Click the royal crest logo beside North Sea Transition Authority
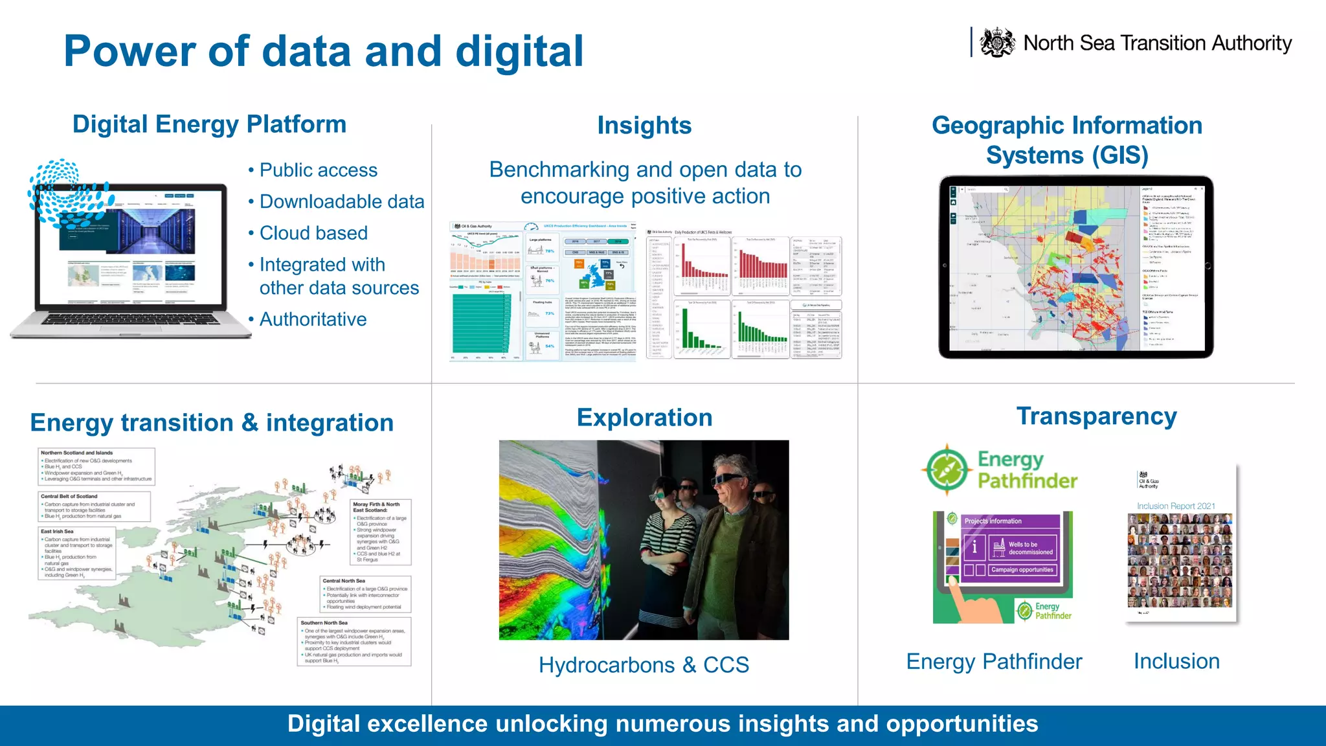997,43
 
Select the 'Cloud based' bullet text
313,233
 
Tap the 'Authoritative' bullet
313,319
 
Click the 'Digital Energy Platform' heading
209,124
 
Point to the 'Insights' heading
644,126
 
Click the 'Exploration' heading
644,418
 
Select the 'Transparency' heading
1096,416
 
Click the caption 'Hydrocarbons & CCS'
644,665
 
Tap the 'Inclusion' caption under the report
1176,661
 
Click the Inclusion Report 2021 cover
1180,544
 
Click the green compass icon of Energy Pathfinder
947,469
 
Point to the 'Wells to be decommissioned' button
1023,548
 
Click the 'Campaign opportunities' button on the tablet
1022,570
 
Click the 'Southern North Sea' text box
354,642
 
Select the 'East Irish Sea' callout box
78,552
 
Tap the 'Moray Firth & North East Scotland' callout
381,532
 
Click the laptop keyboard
129,320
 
